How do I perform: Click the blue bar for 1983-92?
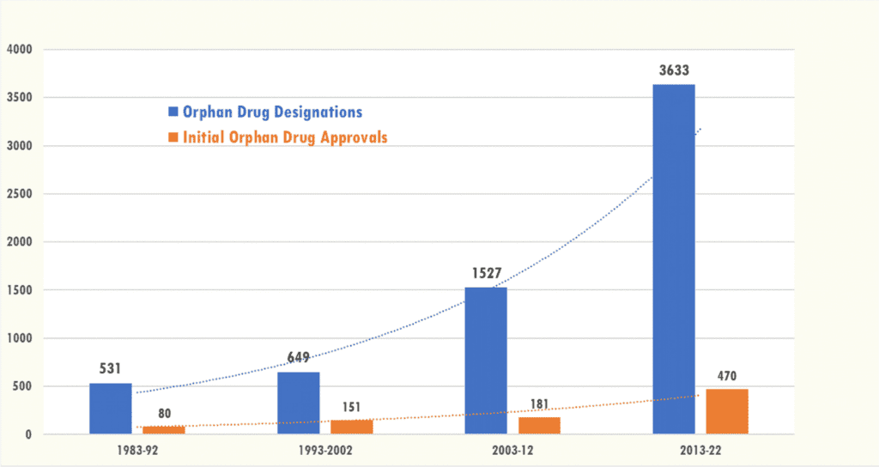[x=111, y=409]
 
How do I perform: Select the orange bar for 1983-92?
[x=164, y=430]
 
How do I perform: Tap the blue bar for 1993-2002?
[x=299, y=403]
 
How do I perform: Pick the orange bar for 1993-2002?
[x=352, y=427]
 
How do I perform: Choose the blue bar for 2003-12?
[x=486, y=361]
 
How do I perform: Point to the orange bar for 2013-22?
[x=727, y=412]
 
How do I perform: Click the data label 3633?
[x=674, y=70]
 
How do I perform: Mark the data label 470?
[x=728, y=375]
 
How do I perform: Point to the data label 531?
[x=112, y=369]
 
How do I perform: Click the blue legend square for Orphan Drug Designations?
[x=173, y=112]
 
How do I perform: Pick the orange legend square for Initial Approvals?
[x=173, y=136]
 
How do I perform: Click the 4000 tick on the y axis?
[x=17, y=50]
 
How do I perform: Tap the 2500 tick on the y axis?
[x=17, y=194]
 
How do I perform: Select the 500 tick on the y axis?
[x=21, y=386]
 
